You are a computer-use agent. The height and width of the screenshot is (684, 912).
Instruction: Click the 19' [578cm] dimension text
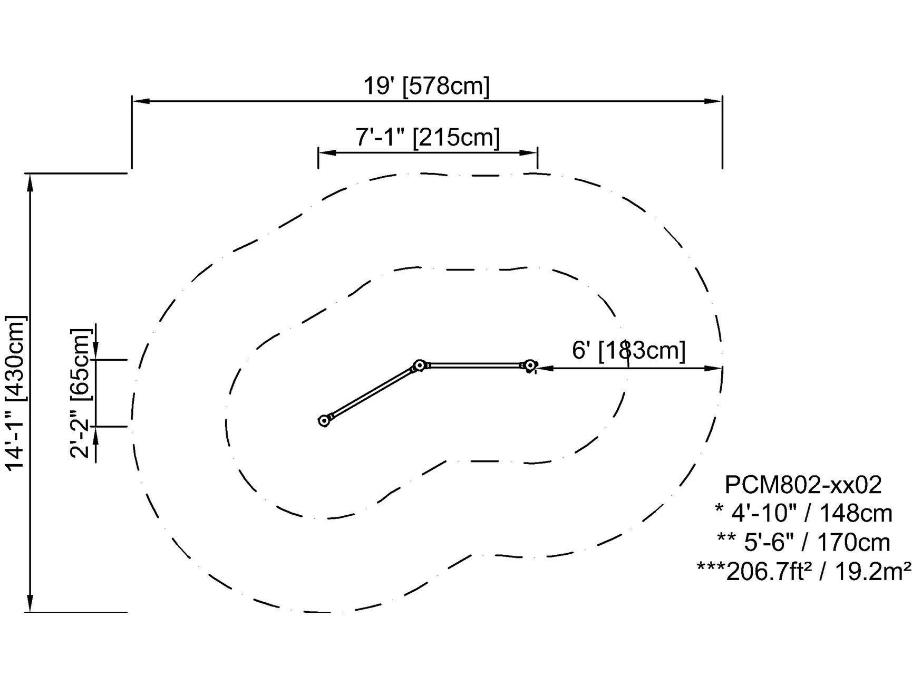[426, 86]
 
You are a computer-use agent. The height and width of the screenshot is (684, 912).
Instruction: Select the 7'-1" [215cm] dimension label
[427, 138]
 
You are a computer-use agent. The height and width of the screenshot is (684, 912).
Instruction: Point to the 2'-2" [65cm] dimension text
[81, 393]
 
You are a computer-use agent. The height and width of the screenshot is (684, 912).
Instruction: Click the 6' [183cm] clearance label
[628, 350]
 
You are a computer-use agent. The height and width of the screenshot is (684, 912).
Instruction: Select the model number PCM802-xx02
[803, 485]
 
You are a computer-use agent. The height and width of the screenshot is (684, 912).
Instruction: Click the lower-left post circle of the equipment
[324, 420]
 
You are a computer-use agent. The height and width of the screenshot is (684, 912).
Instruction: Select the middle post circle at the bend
[420, 365]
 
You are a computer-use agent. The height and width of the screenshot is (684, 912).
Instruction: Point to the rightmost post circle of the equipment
[530, 365]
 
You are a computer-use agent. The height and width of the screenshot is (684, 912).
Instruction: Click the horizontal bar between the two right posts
[474, 364]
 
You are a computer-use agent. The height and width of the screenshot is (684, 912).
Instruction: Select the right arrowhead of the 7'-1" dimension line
[529, 153]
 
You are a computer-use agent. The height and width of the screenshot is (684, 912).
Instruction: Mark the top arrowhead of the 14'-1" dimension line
[31, 181]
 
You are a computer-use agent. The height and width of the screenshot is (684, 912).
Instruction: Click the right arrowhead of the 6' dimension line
[714, 368]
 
